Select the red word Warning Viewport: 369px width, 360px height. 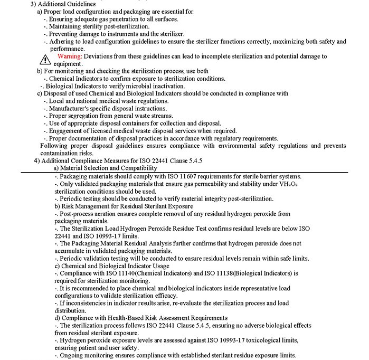pos(69,56)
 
